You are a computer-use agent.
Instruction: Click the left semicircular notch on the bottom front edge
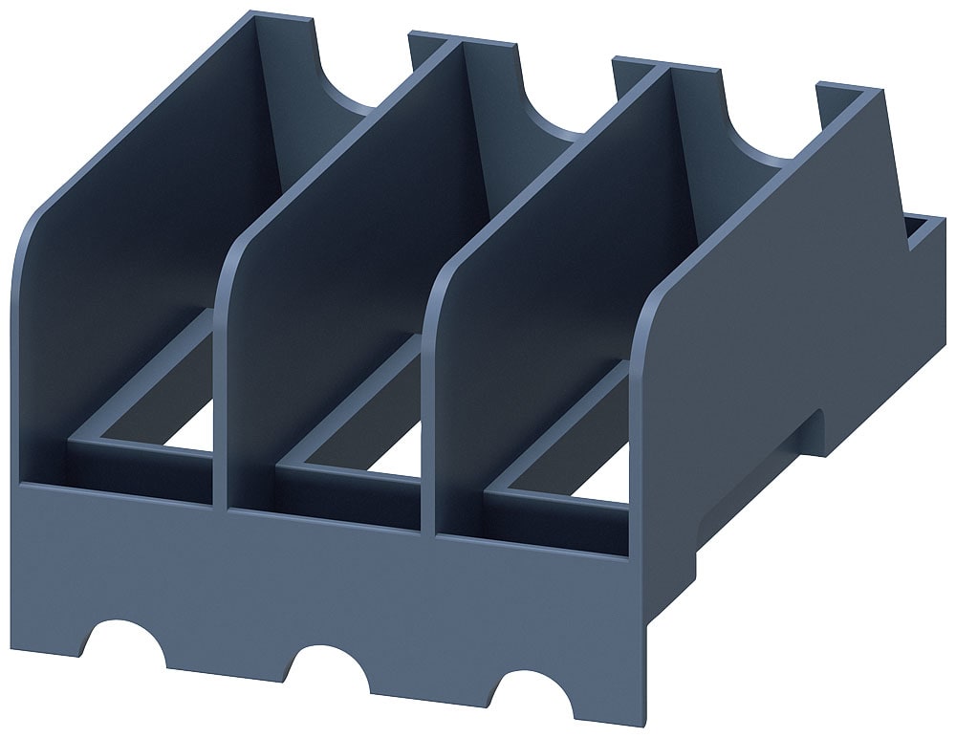pyautogui.click(x=128, y=641)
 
